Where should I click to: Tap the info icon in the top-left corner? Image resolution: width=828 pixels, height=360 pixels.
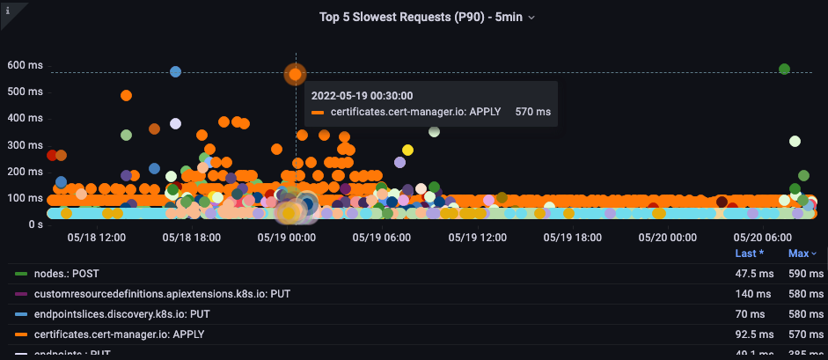coord(7,10)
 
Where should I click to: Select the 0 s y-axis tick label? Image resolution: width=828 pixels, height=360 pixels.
coord(32,225)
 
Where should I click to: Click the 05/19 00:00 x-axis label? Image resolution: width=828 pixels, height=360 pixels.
coord(286,238)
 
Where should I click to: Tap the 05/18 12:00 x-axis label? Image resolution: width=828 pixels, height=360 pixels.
coord(96,238)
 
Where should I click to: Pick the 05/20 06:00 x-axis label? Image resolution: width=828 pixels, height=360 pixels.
coord(761,238)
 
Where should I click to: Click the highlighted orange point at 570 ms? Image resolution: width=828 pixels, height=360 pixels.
coord(296,75)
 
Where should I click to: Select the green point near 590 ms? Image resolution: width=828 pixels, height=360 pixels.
coord(784,70)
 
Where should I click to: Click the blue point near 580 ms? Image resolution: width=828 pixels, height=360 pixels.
coord(175,71)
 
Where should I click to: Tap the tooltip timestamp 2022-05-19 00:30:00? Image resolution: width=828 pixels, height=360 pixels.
coord(362,96)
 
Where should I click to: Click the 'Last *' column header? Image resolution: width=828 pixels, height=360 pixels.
coord(749,253)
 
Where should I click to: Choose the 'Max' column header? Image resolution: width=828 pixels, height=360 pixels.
coord(799,253)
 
